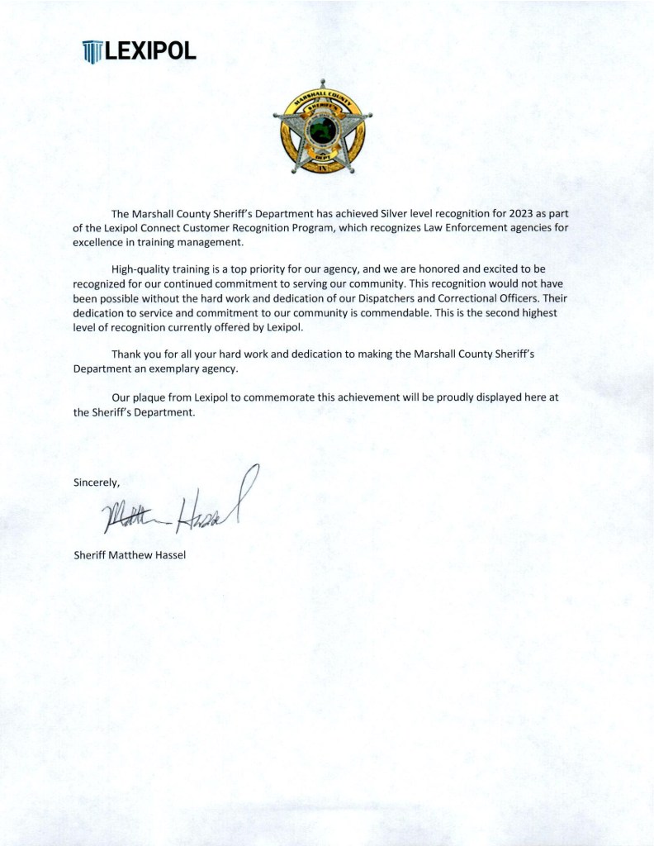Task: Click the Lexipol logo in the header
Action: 140,52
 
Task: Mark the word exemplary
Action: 174,368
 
